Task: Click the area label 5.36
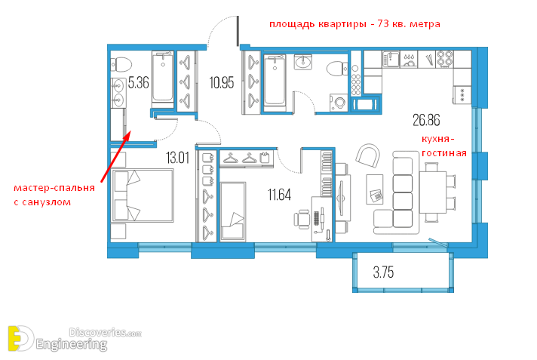click(x=138, y=83)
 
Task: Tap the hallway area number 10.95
click(x=222, y=82)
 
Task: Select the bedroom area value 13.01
click(x=177, y=158)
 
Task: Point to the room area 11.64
click(x=279, y=195)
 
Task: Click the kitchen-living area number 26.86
click(x=426, y=120)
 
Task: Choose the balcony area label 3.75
click(x=383, y=272)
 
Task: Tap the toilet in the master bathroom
click(x=121, y=64)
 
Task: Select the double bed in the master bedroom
click(x=143, y=195)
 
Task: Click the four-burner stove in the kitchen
click(x=445, y=59)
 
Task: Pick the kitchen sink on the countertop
click(x=391, y=59)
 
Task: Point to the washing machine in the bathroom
click(x=339, y=103)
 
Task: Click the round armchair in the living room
click(x=368, y=156)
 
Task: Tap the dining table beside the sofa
click(x=433, y=192)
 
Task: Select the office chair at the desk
click(x=302, y=219)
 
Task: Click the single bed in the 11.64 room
click(x=233, y=211)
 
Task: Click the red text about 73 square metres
click(x=354, y=24)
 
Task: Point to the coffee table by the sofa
click(x=375, y=189)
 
